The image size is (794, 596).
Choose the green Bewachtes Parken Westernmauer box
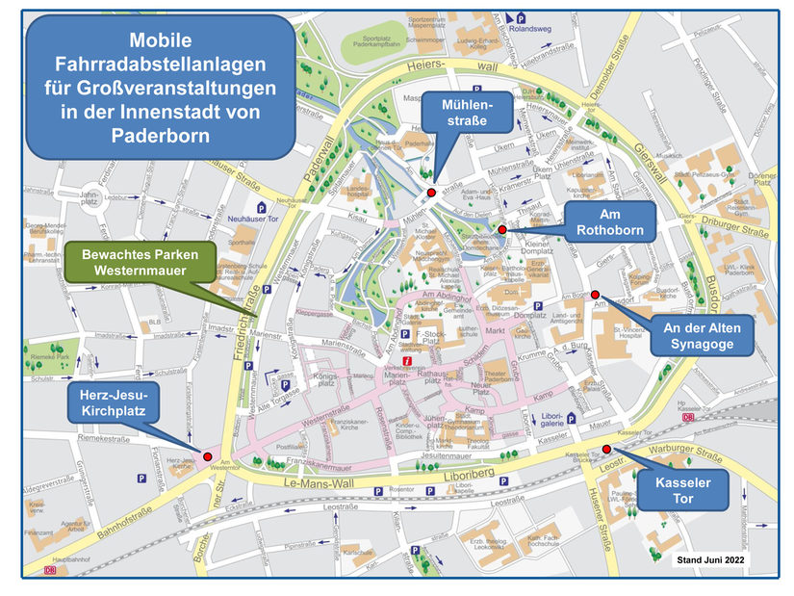coord(140,263)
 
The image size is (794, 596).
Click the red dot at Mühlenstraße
coord(431,194)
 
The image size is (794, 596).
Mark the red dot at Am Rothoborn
coord(501,229)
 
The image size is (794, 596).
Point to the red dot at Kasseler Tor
coord(606,450)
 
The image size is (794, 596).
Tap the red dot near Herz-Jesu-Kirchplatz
coord(207,455)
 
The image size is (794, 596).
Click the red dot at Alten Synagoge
coord(595,295)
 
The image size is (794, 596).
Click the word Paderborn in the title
coord(161,135)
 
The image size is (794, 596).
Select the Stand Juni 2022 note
coord(710,559)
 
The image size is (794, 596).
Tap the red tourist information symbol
coord(407,361)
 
